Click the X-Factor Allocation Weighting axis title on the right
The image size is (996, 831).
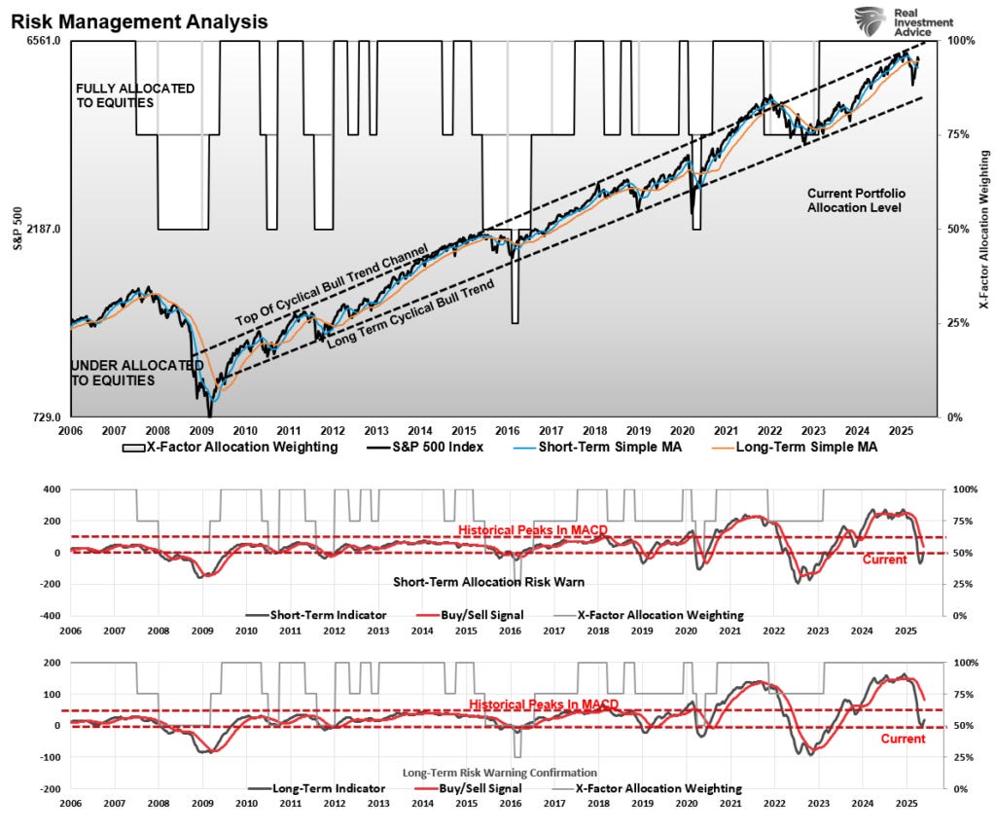983,230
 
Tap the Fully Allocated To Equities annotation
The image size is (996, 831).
135,95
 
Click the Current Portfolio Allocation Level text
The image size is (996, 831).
855,200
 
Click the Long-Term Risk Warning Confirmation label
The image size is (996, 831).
500,772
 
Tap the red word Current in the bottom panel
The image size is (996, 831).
902,739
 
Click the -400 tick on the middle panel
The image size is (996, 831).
49,616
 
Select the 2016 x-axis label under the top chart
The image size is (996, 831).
507,429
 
